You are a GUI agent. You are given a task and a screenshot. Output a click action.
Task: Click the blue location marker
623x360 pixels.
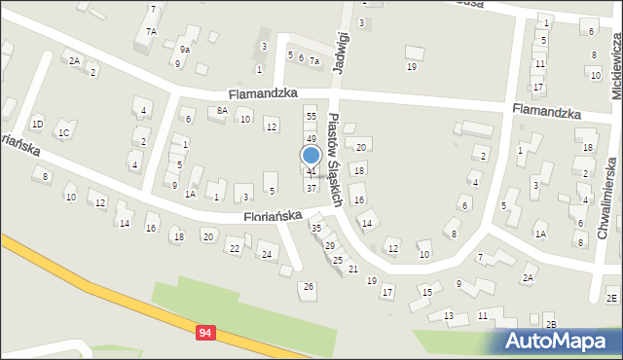pos(311,156)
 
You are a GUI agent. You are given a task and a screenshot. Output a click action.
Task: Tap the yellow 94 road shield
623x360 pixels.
pos(204,333)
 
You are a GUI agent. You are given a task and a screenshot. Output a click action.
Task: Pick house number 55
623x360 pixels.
pos(311,116)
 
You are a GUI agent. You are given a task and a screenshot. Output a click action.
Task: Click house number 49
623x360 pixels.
pos(311,139)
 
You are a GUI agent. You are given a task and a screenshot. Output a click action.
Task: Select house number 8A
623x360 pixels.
pos(222,111)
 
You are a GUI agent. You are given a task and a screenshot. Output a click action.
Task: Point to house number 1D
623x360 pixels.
pos(37,124)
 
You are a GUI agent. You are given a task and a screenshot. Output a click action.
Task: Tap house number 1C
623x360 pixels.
pos(63,133)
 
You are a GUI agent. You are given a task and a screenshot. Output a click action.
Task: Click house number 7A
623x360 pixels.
pos(151,31)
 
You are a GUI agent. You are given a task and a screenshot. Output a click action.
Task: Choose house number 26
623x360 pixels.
pos(309,286)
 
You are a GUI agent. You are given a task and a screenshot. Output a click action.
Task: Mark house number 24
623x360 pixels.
pos(267,254)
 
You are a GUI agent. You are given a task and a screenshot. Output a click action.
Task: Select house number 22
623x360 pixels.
pos(235,248)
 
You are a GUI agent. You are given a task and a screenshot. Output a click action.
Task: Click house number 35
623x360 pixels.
pos(316,227)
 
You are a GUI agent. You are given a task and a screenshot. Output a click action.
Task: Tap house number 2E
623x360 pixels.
pos(612,298)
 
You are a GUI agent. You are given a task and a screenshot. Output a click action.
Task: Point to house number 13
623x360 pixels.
pos(449,316)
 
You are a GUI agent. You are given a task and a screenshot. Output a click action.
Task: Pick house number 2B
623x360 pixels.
pos(551,324)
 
